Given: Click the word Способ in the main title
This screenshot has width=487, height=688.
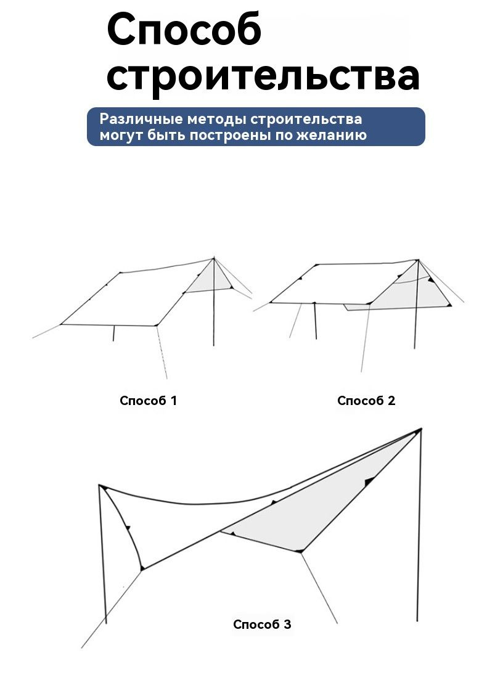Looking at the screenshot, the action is [x=184, y=31].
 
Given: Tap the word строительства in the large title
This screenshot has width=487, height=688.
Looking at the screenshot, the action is [x=263, y=77].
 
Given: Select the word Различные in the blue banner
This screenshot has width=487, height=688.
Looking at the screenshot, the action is [x=135, y=120].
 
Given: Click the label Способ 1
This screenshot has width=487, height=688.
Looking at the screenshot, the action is [x=149, y=401].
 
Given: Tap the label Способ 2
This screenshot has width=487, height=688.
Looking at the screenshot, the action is [x=366, y=401].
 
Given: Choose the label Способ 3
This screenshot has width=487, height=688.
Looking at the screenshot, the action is [x=262, y=625].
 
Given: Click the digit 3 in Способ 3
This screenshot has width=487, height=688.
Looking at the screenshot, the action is [x=287, y=625].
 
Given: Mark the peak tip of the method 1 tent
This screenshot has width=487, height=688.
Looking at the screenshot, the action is [x=214, y=257].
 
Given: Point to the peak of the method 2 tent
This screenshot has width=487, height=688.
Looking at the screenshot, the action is [x=418, y=260].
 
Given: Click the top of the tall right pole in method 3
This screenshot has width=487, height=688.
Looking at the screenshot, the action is [x=421, y=429].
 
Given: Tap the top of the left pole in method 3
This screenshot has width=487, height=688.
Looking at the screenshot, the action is [x=100, y=486].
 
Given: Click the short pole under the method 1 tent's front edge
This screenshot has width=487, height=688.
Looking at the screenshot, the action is [x=113, y=333].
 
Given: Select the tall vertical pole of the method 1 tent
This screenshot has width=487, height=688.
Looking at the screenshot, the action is [x=214, y=302].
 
